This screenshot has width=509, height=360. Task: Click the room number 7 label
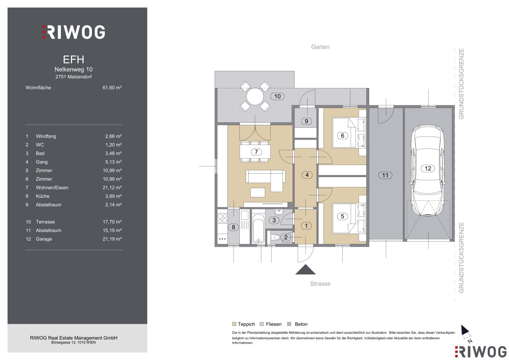[x=256, y=152]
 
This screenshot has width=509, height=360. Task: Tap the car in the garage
[x=427, y=170]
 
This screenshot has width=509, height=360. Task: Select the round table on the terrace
[x=255, y=97]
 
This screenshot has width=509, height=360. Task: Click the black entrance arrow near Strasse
[x=305, y=269]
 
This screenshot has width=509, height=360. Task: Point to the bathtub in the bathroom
[x=258, y=228]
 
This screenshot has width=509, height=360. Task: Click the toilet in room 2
[x=275, y=237]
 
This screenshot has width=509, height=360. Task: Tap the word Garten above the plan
[x=320, y=47]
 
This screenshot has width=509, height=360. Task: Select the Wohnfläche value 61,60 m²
[x=112, y=87]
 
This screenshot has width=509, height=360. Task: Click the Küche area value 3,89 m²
[x=113, y=196]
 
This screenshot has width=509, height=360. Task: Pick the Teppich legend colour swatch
[x=234, y=324]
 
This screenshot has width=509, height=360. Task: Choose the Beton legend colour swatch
[x=289, y=324]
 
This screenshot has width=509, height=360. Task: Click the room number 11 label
[x=385, y=175]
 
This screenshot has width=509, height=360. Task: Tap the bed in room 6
[x=349, y=133]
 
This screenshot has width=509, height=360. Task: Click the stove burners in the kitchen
[x=222, y=218]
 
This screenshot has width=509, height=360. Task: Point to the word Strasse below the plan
[x=320, y=284]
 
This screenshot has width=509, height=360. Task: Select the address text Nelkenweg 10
[x=73, y=69]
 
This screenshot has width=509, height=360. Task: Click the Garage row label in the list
[x=44, y=239]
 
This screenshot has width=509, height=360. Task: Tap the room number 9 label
[x=306, y=121]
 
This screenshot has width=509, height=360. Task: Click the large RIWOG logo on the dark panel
[x=73, y=32]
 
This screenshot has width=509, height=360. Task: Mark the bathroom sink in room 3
[x=279, y=212]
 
